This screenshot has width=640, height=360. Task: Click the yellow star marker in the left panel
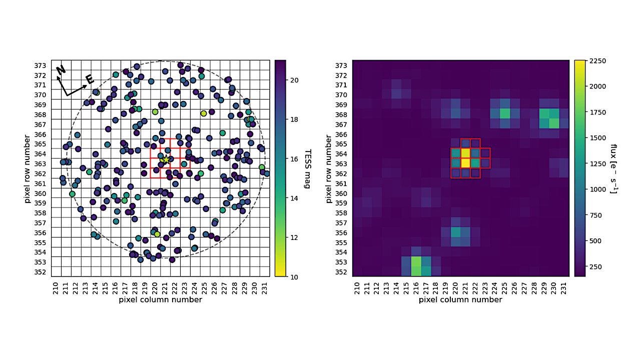pyautogui.click(x=166, y=159)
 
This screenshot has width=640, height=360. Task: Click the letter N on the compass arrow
pyautogui.click(x=61, y=70)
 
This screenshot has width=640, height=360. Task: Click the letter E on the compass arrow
pyautogui.click(x=90, y=79)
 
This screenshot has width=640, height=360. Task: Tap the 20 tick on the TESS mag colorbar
pyautogui.click(x=294, y=80)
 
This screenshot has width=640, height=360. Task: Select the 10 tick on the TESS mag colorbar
pyautogui.click(x=294, y=277)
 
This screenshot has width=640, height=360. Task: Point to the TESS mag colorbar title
pyautogui.click(x=307, y=168)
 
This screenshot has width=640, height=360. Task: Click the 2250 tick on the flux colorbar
pyautogui.click(x=597, y=61)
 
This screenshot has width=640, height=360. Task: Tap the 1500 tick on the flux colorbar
pyautogui.click(x=597, y=138)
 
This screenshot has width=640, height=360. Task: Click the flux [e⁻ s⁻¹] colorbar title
pyautogui.click(x=613, y=168)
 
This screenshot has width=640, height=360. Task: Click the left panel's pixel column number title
pyautogui.click(x=161, y=299)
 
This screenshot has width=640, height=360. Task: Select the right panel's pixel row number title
pyautogui.click(x=329, y=168)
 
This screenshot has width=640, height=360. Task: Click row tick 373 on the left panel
pyautogui.click(x=41, y=65)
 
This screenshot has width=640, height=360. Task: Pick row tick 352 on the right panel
pyautogui.click(x=341, y=272)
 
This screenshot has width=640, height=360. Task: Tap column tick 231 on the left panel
pyautogui.click(x=265, y=288)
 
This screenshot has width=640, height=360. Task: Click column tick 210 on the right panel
pyautogui.click(x=357, y=288)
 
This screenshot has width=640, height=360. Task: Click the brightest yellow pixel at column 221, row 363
pyautogui.click(x=466, y=163)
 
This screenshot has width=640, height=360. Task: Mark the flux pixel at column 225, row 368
pyautogui.click(x=505, y=114)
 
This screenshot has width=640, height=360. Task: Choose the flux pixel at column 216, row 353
pyautogui.click(x=416, y=261)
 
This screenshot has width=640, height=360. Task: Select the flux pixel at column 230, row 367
pyautogui.click(x=554, y=123)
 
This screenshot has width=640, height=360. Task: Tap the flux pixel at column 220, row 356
pyautogui.click(x=456, y=232)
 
